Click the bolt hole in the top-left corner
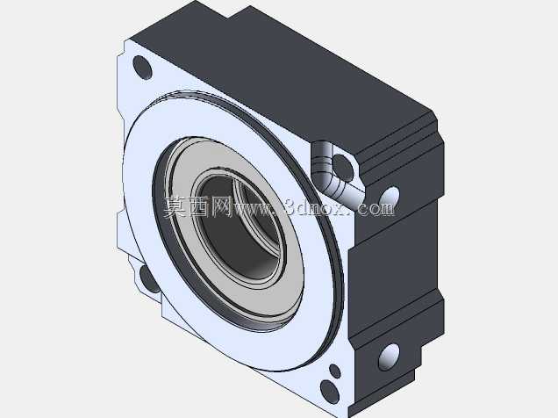point(142,68)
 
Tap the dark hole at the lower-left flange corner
point(149,278)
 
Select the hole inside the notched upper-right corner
point(343,167)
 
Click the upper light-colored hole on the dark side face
point(390,197)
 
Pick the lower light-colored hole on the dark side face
point(389,357)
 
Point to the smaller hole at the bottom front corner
point(335,371)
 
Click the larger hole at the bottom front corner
point(329,392)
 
